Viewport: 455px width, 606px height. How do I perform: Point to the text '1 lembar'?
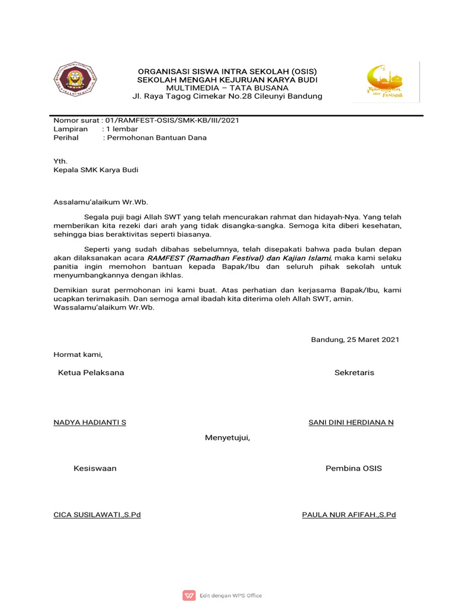121,129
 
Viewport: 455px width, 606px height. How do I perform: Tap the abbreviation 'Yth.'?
60,161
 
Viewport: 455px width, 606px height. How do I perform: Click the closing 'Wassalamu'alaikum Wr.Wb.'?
104,308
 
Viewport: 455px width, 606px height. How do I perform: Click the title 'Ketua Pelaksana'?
91,373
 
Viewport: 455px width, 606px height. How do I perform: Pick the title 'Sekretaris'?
354,373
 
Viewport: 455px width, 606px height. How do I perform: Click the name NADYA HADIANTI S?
89,423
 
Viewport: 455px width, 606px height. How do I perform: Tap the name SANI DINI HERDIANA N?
351,423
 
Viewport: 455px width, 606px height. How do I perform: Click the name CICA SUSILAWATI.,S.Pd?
97,515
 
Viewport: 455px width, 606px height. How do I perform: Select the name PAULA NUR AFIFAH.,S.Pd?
349,515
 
